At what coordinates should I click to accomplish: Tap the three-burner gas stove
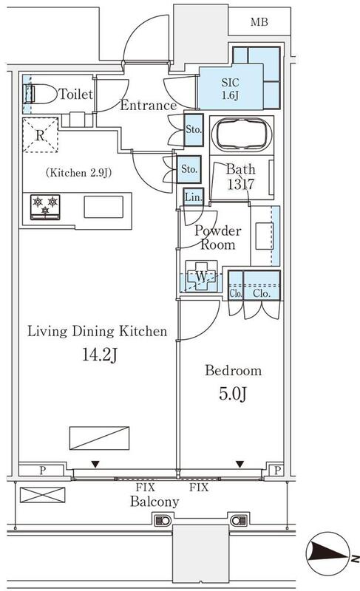(x=45, y=207)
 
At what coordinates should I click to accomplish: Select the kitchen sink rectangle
(x=103, y=207)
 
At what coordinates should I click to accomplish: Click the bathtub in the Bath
(x=242, y=135)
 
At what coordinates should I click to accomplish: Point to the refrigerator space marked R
(x=41, y=135)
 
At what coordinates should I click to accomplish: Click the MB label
(x=259, y=22)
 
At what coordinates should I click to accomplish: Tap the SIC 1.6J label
(x=230, y=89)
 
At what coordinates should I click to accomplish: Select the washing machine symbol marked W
(x=201, y=276)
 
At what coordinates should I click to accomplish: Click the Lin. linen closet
(x=194, y=197)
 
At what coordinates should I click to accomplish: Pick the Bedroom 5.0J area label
(x=234, y=382)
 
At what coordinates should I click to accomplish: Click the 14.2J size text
(x=100, y=355)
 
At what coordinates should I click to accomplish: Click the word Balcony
(x=154, y=502)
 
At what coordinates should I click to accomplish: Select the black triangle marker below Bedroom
(x=240, y=464)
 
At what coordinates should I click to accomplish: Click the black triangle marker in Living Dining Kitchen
(x=95, y=465)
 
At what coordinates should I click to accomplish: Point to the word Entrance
(x=148, y=105)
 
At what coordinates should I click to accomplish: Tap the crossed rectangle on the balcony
(x=42, y=495)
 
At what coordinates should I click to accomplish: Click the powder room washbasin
(x=264, y=236)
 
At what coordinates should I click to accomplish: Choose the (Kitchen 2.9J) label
(x=78, y=173)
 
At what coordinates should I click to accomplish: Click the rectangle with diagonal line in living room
(x=100, y=438)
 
